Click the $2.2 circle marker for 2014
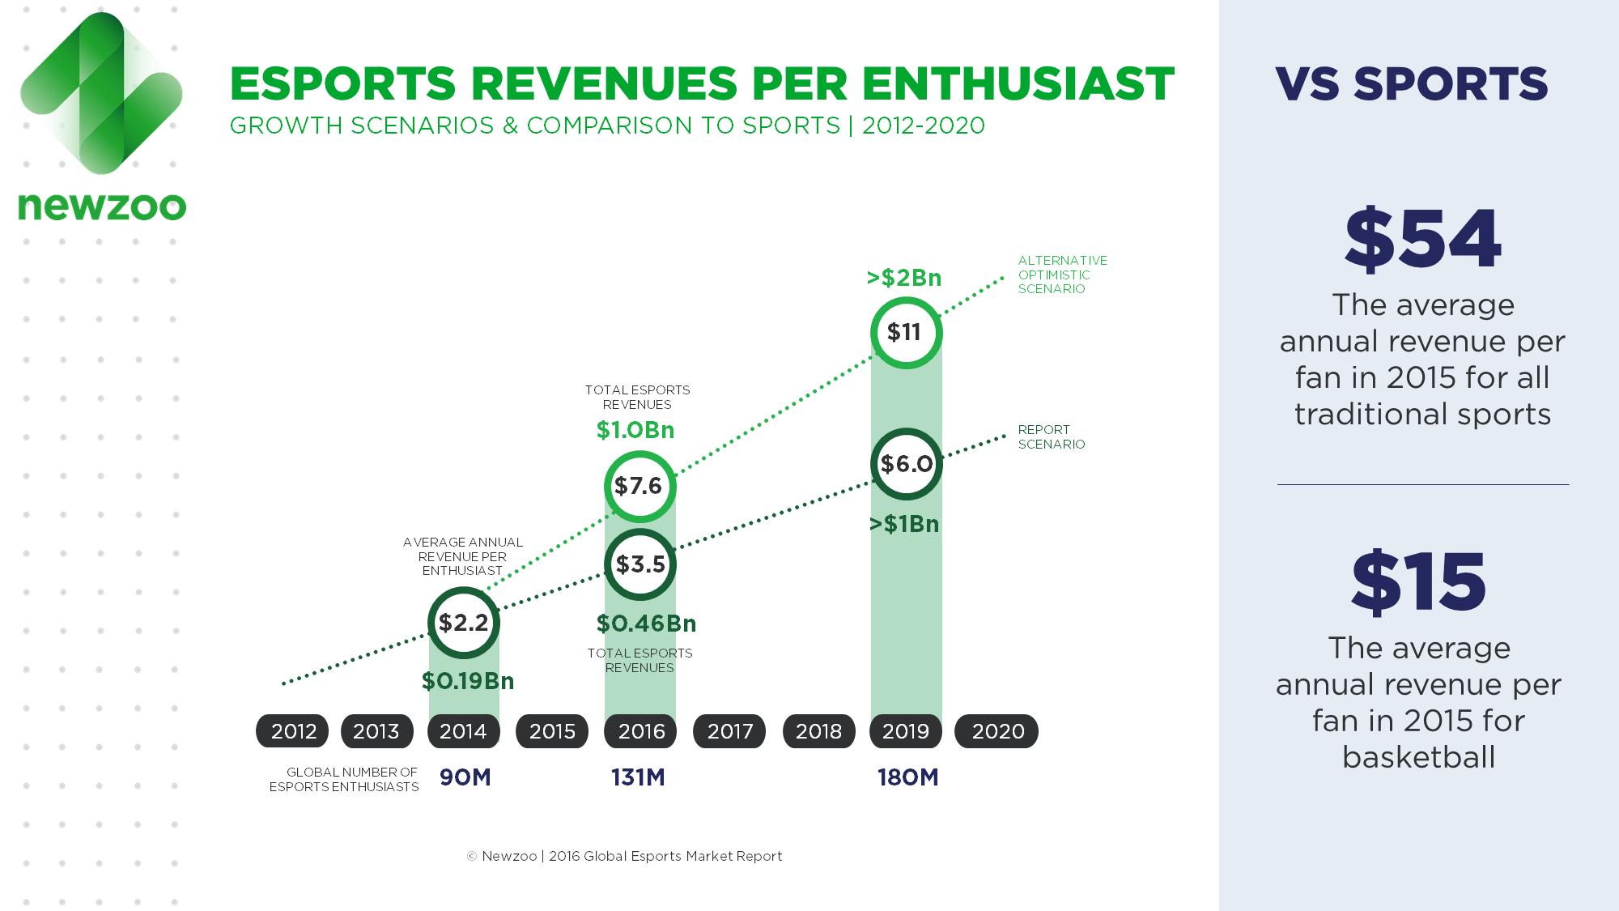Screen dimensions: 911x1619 click(x=464, y=623)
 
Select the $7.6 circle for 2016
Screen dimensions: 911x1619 click(x=640, y=487)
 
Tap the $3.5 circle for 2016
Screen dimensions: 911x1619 click(x=640, y=564)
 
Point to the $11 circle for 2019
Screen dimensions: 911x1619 click(x=906, y=333)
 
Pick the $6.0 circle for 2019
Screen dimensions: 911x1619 click(x=907, y=464)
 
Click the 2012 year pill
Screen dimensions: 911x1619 click(x=293, y=731)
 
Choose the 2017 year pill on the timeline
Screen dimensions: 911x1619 click(x=729, y=731)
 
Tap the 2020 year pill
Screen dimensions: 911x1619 click(x=997, y=731)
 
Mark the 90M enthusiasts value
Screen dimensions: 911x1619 click(x=465, y=777)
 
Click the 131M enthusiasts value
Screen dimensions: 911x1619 click(x=638, y=777)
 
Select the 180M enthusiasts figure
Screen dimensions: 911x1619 click(x=907, y=777)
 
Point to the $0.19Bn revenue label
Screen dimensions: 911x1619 click(x=468, y=681)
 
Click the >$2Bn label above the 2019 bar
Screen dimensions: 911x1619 click(x=904, y=278)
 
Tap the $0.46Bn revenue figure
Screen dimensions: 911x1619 click(x=646, y=624)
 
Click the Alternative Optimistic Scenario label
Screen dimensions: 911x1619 click(x=1062, y=275)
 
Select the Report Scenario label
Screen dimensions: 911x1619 click(x=1051, y=436)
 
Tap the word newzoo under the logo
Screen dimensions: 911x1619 click(x=102, y=206)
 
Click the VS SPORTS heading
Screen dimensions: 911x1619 click(x=1411, y=84)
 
